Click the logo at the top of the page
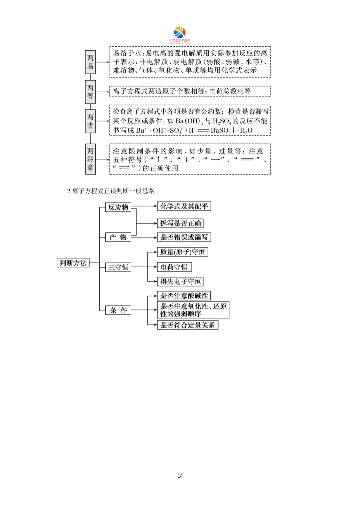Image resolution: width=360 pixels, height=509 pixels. point(180,35)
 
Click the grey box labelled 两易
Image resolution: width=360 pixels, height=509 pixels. point(90,62)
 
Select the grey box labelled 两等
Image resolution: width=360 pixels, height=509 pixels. point(90,92)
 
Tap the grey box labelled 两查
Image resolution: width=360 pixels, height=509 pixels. point(90,121)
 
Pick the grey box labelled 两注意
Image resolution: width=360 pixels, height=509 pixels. point(90,159)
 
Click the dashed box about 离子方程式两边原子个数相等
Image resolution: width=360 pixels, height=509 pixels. point(190,91)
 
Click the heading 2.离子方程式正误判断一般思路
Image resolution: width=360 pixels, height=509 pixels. point(111,191)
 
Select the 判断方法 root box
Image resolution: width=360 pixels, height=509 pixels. point(73,263)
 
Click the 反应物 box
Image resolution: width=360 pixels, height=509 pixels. point(118,207)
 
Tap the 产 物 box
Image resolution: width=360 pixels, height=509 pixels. point(118,237)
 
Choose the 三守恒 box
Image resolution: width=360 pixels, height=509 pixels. point(118,267)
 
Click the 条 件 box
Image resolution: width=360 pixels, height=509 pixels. point(118,310)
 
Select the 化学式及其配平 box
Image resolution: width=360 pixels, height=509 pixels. point(184,207)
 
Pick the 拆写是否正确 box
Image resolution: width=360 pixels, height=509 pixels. point(180,223)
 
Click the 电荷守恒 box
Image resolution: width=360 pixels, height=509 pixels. point(174,267)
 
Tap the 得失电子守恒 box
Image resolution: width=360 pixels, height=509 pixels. point(180,281)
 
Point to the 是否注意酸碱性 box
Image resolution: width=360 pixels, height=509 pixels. point(184,296)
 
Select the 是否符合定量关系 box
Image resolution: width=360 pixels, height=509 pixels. point(187,325)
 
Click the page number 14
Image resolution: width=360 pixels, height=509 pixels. point(180,476)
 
